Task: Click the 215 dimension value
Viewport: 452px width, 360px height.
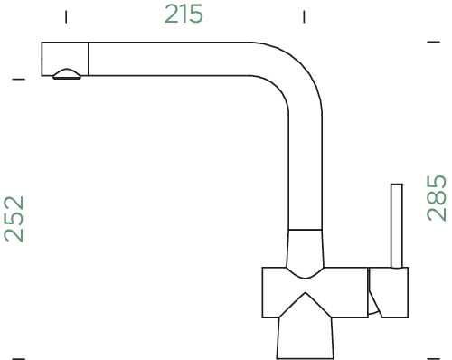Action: [184, 14]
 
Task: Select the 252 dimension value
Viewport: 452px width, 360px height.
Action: [14, 219]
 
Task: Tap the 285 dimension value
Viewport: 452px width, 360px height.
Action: [437, 198]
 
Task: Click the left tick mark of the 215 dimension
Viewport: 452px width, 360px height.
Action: [66, 16]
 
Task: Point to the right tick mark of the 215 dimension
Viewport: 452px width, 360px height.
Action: [304, 16]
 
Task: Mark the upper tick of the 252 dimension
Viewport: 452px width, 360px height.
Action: [19, 80]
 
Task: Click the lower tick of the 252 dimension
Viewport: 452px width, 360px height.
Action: [19, 359]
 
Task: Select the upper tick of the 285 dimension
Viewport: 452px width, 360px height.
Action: [434, 42]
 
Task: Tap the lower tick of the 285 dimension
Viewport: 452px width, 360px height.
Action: [434, 359]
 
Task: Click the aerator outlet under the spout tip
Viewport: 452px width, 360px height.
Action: [67, 74]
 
